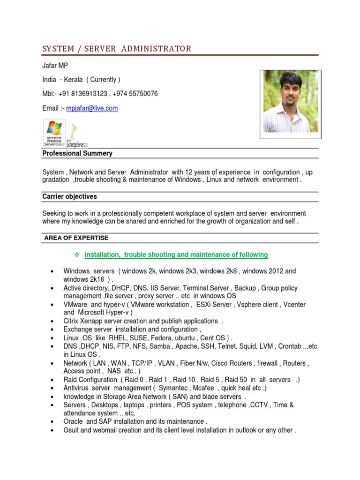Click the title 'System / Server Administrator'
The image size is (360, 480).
[x=117, y=49]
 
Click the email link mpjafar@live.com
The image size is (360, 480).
[x=92, y=108]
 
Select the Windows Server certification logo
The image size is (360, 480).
[x=54, y=133]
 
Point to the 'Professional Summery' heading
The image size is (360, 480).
[x=77, y=153]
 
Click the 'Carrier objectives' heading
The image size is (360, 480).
[x=69, y=196]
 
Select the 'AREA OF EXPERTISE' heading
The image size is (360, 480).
[x=76, y=238]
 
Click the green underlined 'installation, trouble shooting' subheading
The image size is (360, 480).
[x=176, y=255]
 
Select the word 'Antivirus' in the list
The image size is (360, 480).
[x=77, y=388]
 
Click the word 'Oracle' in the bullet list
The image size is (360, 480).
[x=73, y=421]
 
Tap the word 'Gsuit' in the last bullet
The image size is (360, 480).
[x=72, y=430]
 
